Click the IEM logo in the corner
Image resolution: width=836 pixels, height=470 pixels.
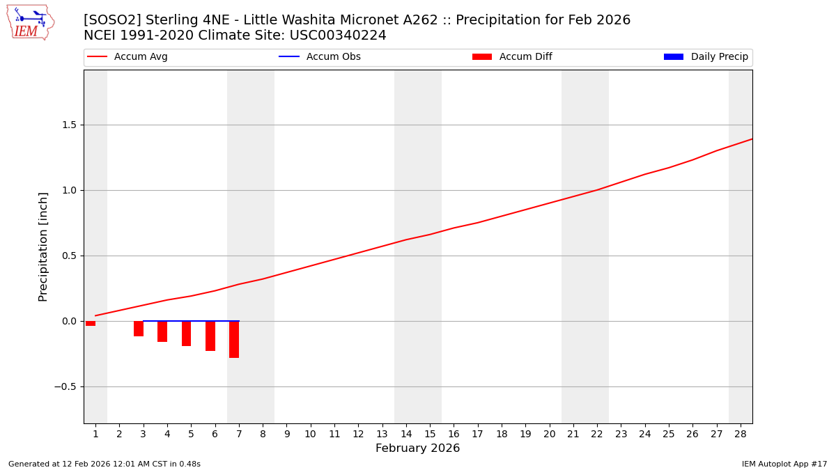[x=30, y=22]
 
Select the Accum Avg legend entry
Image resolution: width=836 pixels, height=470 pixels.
[x=127, y=57]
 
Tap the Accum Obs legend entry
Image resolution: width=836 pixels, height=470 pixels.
[x=320, y=57]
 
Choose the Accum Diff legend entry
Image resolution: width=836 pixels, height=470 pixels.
[x=512, y=57]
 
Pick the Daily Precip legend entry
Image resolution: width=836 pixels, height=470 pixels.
[x=706, y=57]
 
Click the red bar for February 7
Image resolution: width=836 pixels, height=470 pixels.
[x=234, y=339]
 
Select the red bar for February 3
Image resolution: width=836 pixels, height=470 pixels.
[x=139, y=329]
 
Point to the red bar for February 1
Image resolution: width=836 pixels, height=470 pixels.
[x=91, y=323]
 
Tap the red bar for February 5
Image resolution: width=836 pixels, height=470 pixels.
[x=186, y=334]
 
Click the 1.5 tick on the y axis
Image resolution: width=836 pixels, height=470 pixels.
[x=69, y=125]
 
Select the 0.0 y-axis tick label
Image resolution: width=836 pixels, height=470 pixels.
[x=69, y=322]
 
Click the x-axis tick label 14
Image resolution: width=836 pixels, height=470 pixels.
[x=406, y=434]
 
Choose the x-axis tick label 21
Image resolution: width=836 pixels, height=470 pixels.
[x=573, y=434]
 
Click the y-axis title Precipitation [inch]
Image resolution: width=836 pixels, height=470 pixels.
[x=43, y=246]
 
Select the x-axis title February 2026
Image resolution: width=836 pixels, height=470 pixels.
[x=418, y=448]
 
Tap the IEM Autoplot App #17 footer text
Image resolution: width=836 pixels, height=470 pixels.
[x=784, y=464]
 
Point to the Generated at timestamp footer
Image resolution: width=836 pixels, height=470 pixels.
[x=104, y=464]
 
